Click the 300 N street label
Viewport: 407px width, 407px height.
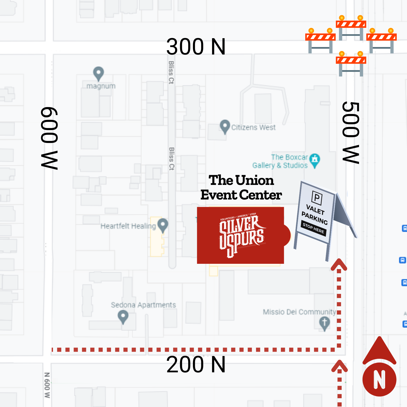pyautogui.click(x=196, y=47)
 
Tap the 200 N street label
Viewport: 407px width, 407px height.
pyautogui.click(x=196, y=365)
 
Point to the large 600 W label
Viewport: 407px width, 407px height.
pyautogui.click(x=49, y=138)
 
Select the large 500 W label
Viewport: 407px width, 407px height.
pyautogui.click(x=351, y=132)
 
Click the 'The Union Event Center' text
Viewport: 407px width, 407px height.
pyautogui.click(x=241, y=188)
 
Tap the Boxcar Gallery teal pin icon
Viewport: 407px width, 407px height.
pyautogui.click(x=315, y=160)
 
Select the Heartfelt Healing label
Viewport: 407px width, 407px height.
pyautogui.click(x=128, y=226)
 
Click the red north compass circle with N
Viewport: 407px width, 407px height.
pyautogui.click(x=379, y=379)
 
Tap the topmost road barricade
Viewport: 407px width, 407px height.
pyautogui.click(x=351, y=28)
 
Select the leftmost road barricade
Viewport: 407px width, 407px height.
pyautogui.click(x=320, y=40)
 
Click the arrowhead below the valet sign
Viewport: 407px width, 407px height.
pyautogui.click(x=339, y=264)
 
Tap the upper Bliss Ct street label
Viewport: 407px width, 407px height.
pyautogui.click(x=171, y=72)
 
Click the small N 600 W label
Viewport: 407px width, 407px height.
pyautogui.click(x=47, y=385)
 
